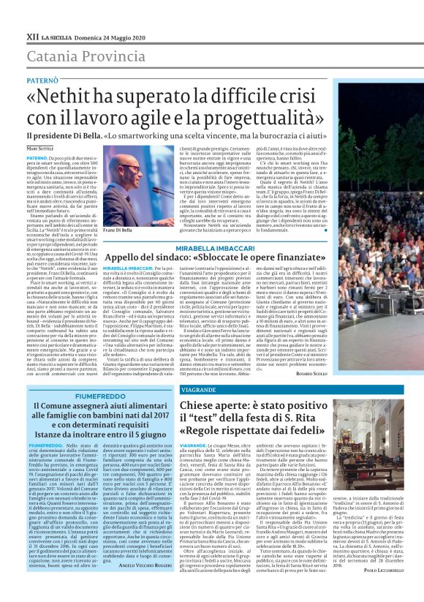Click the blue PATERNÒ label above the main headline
point(43,78)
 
